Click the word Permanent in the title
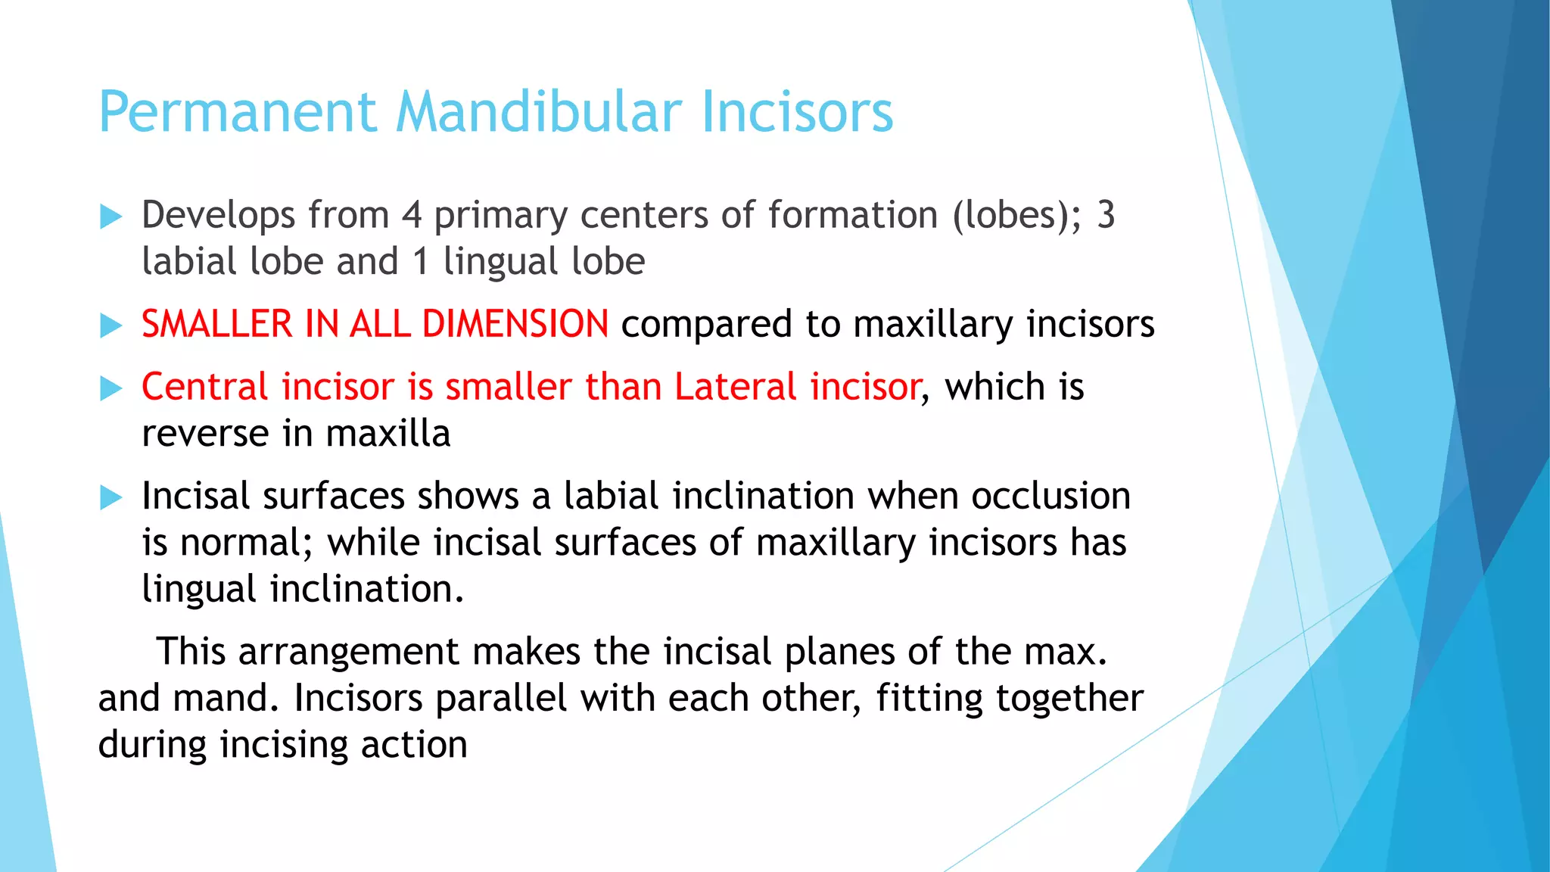click(237, 112)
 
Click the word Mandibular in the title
click(539, 112)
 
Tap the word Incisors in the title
click(797, 112)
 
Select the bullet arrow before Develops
click(110, 217)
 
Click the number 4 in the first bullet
click(411, 215)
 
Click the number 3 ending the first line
click(1106, 215)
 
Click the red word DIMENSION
click(515, 324)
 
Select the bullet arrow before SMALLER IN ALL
click(110, 326)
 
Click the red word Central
click(204, 387)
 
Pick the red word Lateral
click(736, 387)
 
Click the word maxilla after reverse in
click(388, 434)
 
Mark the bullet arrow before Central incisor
click(110, 389)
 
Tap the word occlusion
click(1050, 497)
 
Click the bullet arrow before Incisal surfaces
click(110, 498)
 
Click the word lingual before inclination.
click(199, 590)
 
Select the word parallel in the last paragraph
click(501, 698)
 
